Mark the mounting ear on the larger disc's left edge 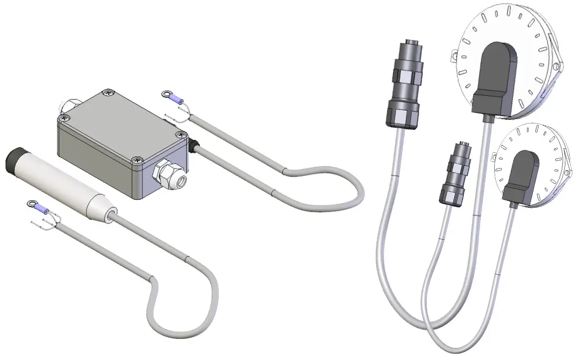point(453,54)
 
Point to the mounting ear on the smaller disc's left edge point(494,156)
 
